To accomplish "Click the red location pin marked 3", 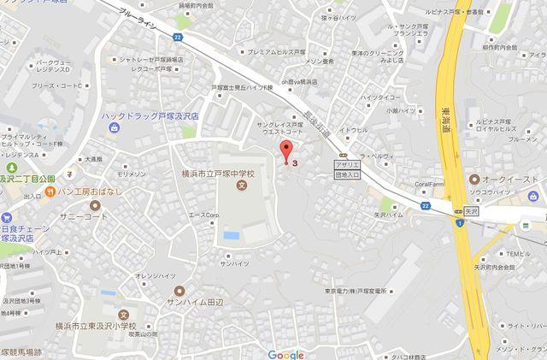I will click(x=285, y=155).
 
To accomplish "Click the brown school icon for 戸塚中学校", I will click(x=242, y=186).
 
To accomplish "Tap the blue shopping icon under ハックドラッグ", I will click(x=114, y=127).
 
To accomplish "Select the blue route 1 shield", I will click(x=460, y=224).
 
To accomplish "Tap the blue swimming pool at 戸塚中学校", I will click(x=229, y=233).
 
